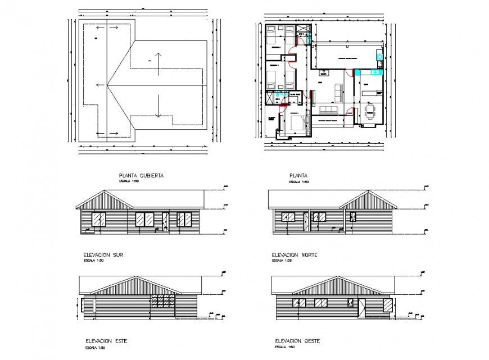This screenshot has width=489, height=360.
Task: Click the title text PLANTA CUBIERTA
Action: click(x=141, y=176)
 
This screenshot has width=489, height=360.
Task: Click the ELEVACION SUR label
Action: click(x=103, y=255)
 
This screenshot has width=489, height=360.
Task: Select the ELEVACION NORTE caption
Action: click(x=295, y=255)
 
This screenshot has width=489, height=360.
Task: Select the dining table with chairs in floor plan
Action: click(x=370, y=111)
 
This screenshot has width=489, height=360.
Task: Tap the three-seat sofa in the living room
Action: click(x=328, y=109)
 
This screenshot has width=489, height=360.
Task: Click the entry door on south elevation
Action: click(x=165, y=221)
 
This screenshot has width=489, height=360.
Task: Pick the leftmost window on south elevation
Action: click(x=98, y=220)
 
